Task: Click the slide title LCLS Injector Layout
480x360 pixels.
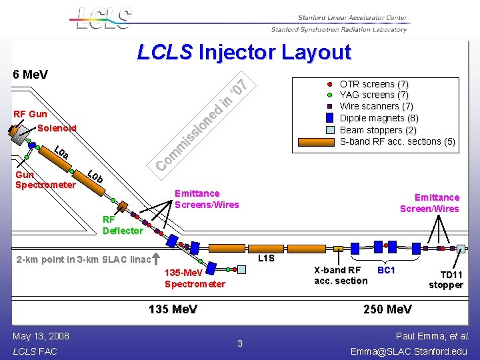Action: pyautogui.click(x=243, y=52)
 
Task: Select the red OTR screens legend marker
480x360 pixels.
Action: pyautogui.click(x=329, y=85)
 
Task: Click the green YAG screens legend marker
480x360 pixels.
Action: pyautogui.click(x=329, y=95)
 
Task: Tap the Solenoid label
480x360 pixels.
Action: pyautogui.click(x=57, y=128)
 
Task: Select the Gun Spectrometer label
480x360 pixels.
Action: pyautogui.click(x=45, y=180)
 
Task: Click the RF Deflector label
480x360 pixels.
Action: pyautogui.click(x=123, y=225)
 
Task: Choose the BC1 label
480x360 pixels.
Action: pyautogui.click(x=387, y=270)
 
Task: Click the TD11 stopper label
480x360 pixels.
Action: pyautogui.click(x=446, y=280)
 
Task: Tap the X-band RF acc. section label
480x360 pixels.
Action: pyautogui.click(x=341, y=275)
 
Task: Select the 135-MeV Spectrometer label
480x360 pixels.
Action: pyautogui.click(x=195, y=279)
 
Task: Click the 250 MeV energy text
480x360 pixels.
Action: pyautogui.click(x=387, y=309)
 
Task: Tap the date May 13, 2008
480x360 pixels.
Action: pyautogui.click(x=41, y=336)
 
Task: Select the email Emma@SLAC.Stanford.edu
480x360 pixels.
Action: pyautogui.click(x=409, y=351)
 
